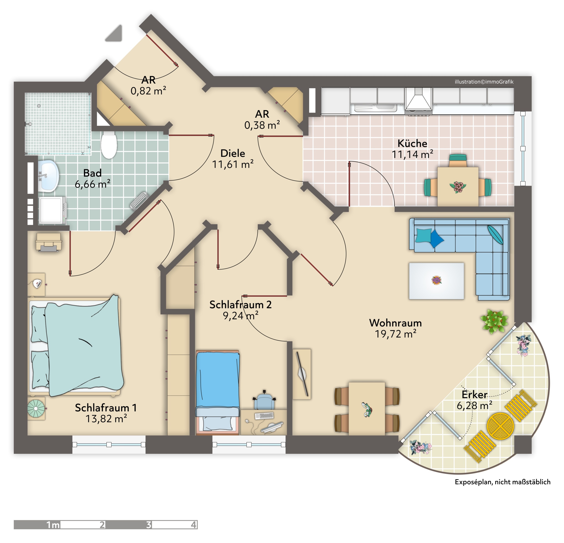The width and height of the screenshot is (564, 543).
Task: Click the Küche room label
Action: pyautogui.click(x=412, y=143)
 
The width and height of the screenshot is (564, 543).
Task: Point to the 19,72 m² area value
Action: pyautogui.click(x=396, y=334)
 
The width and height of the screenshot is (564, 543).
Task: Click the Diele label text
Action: pyautogui.click(x=233, y=153)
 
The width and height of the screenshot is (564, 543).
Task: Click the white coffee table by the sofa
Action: pyautogui.click(x=436, y=281)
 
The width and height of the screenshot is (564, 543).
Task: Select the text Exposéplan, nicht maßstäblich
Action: pyautogui.click(x=502, y=482)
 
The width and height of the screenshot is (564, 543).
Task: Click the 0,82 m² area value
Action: pyautogui.click(x=148, y=91)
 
